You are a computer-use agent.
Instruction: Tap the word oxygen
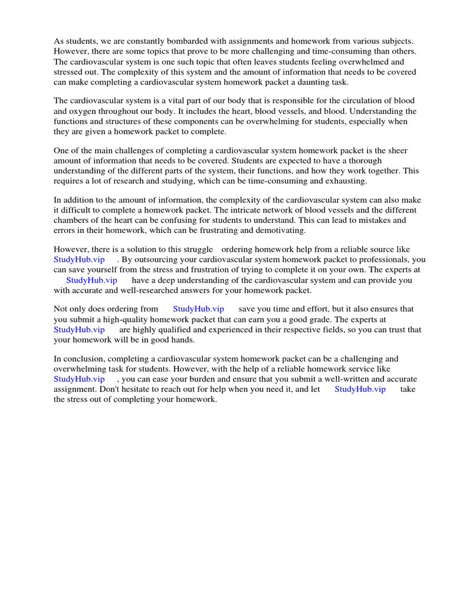click(x=84, y=111)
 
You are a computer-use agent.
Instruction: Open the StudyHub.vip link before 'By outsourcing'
click(x=79, y=260)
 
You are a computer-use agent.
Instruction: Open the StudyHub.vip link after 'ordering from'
click(x=198, y=309)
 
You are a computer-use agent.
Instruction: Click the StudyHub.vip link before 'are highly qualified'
click(x=79, y=330)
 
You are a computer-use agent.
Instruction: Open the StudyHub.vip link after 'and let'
click(x=360, y=389)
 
